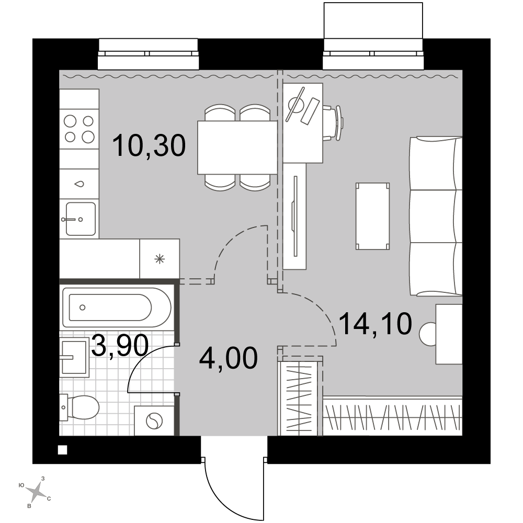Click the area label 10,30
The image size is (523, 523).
pos(149,145)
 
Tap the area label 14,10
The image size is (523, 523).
pos(375,324)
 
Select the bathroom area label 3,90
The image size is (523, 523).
pos(120,346)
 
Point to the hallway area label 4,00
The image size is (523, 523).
pos(228,358)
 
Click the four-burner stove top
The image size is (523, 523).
pos(79,129)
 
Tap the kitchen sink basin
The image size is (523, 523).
pos(81,219)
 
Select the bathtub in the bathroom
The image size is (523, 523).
pos(117,308)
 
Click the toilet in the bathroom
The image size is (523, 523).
pos(79,407)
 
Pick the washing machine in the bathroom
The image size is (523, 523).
pos(154,420)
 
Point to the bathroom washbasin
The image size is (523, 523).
pos(74,357)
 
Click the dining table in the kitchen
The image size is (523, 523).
pos(237,147)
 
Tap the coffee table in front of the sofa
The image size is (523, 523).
pos(372,216)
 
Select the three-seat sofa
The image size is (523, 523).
pos(436,216)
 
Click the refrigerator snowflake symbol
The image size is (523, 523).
pos(160,259)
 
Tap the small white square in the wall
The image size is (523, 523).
pos(63,450)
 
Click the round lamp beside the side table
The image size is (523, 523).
pos(428,334)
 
